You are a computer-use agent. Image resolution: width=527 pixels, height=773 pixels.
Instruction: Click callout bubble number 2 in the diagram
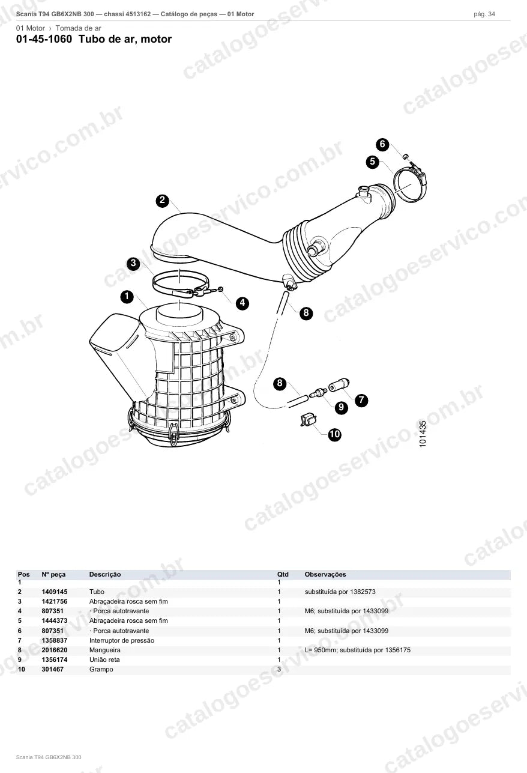point(163,201)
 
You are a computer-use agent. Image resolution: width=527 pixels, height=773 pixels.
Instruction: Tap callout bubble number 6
point(382,144)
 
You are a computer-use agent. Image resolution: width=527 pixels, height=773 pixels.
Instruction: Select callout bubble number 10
point(334,434)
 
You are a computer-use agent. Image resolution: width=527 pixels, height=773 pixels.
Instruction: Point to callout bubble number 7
point(361,400)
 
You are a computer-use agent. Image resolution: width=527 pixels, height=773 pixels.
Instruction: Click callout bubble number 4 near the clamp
point(242,303)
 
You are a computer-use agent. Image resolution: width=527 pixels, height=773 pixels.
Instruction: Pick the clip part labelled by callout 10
point(309,419)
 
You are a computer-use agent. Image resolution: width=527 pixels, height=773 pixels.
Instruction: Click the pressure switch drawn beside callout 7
point(339,385)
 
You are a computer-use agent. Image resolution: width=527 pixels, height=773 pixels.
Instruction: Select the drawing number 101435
point(423,434)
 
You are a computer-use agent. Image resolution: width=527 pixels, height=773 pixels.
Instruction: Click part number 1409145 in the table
point(55,592)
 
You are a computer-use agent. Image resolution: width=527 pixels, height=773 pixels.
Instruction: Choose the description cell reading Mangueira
point(105,650)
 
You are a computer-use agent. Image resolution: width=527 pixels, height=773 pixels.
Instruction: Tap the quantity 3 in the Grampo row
point(279,669)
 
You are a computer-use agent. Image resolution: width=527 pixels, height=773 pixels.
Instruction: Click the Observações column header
point(325,574)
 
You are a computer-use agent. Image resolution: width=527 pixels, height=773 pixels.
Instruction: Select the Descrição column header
point(105,574)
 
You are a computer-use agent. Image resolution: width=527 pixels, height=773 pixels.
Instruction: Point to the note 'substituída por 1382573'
point(340,592)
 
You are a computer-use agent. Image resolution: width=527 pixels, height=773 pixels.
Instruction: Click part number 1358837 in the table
point(55,640)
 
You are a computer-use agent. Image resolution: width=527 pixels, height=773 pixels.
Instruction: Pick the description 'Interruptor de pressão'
point(122,640)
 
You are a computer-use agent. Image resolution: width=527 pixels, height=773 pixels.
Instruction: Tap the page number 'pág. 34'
point(484,14)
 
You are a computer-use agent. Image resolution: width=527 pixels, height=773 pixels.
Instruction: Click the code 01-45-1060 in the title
point(44,39)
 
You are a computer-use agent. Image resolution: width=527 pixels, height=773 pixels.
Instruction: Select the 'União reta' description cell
point(104,659)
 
